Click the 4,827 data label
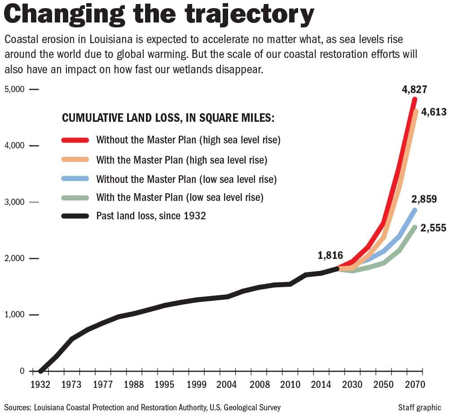point(414,89)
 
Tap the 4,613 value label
point(434,112)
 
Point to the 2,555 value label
point(434,228)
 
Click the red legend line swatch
point(75,140)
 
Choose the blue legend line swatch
point(75,179)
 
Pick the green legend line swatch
point(75,197)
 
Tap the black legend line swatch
point(75,216)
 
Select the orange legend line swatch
point(75,160)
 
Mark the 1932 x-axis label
point(40,385)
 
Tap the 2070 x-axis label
point(414,385)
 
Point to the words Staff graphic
point(419,408)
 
